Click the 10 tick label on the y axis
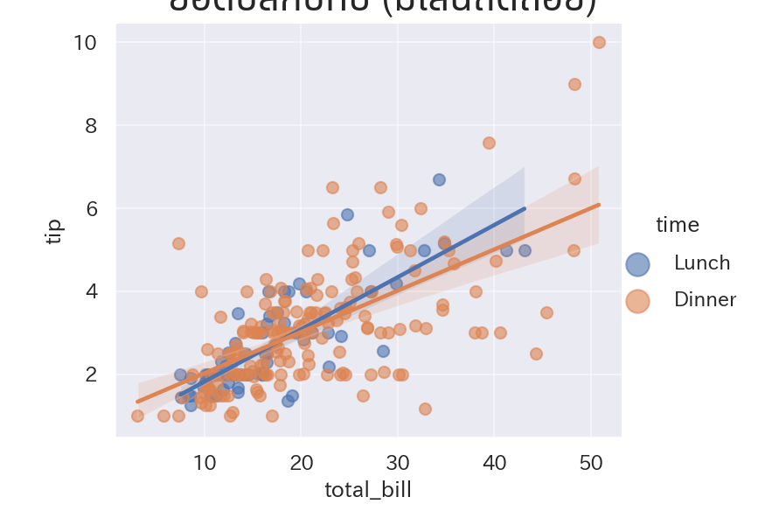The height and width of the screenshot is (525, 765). click(85, 43)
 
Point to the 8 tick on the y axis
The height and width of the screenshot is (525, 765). click(89, 126)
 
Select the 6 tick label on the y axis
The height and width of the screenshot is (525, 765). click(89, 208)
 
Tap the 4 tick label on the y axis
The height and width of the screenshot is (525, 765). click(89, 291)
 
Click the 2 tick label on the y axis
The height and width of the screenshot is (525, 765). click(89, 374)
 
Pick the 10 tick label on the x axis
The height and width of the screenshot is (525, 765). click(205, 462)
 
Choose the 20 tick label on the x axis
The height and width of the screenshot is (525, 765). click(302, 462)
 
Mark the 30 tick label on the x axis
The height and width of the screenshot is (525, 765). click(398, 462)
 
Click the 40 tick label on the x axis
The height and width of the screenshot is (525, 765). click(494, 462)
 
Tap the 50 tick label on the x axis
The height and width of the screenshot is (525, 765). click(591, 462)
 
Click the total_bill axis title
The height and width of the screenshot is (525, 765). click(367, 490)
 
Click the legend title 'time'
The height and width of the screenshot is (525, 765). click(678, 225)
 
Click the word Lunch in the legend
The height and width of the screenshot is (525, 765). click(702, 263)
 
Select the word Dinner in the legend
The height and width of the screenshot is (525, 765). click(705, 300)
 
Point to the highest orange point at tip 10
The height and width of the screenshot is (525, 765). click(599, 42)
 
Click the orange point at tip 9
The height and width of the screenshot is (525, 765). click(574, 84)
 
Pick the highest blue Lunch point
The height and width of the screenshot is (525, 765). click(439, 179)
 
